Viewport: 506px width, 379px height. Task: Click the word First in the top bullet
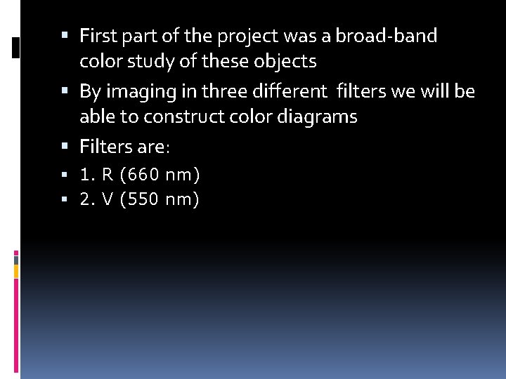click(99, 36)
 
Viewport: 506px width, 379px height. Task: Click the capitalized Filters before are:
click(107, 147)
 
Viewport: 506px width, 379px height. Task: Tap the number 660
click(144, 173)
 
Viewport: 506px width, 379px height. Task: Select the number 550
click(143, 200)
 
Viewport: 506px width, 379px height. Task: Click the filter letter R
click(107, 173)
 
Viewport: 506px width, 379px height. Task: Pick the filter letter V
click(107, 200)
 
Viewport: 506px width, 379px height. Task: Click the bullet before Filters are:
click(65, 147)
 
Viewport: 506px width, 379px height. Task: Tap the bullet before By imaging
click(65, 91)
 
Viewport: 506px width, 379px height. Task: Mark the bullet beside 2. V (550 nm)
click(65, 200)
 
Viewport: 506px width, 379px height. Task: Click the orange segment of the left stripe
click(16, 270)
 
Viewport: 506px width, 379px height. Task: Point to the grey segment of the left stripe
click(16, 259)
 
